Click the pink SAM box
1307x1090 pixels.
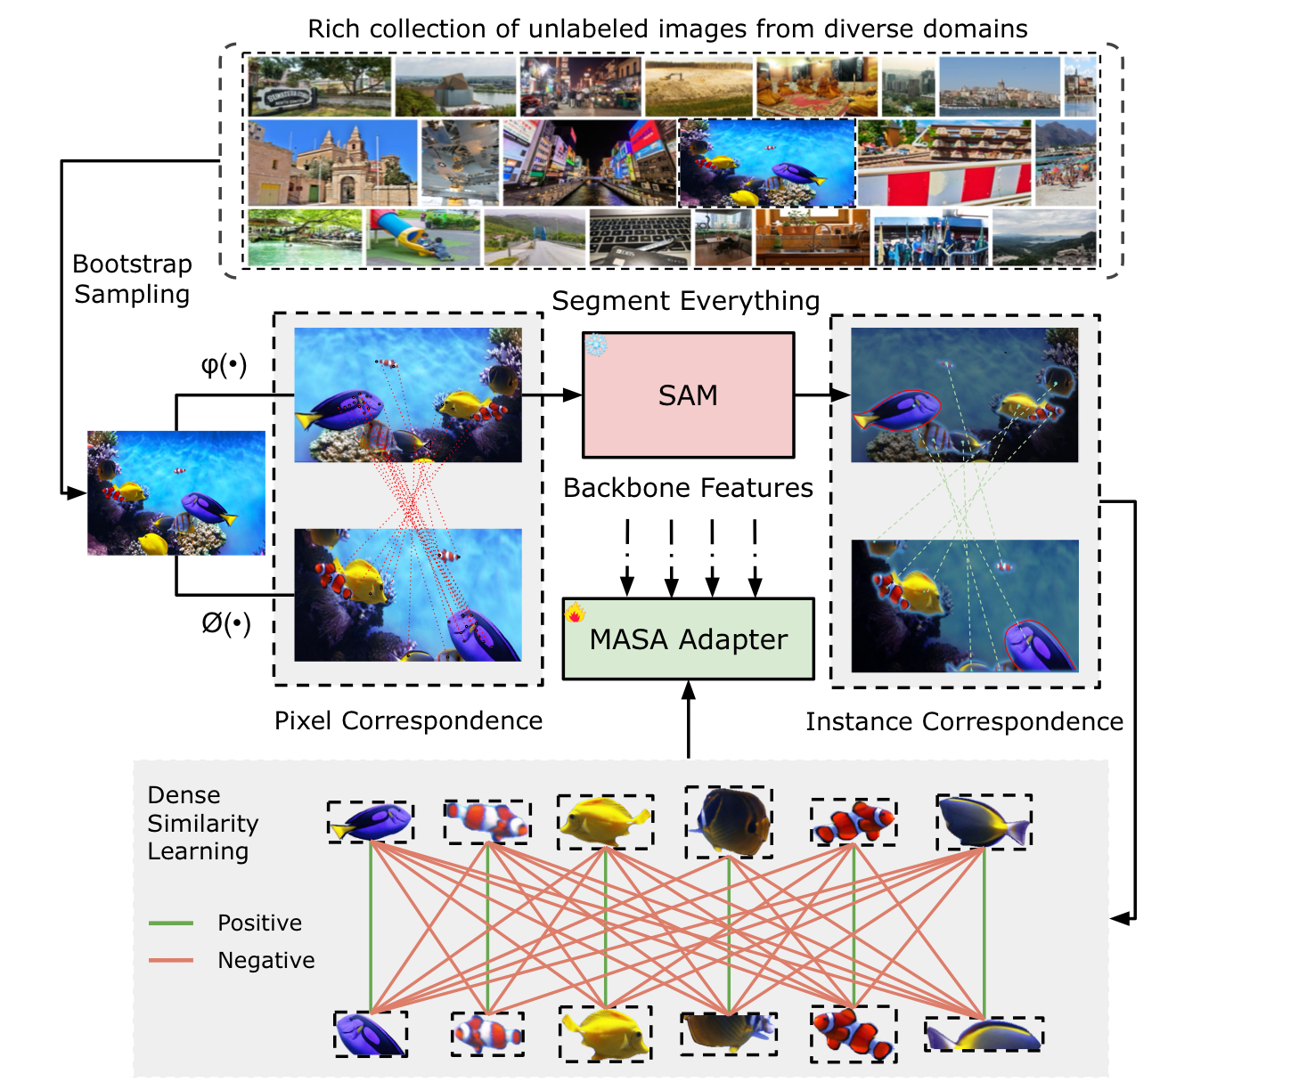click(688, 395)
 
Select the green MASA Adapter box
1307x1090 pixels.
click(688, 639)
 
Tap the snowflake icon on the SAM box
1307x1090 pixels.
click(596, 346)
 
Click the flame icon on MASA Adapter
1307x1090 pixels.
click(576, 613)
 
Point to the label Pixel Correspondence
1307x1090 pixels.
click(408, 720)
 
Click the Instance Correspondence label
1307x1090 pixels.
click(964, 721)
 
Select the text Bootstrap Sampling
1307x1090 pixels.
click(132, 279)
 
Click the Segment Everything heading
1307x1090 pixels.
click(685, 301)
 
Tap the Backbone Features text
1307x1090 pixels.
click(688, 488)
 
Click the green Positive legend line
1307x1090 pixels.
click(171, 923)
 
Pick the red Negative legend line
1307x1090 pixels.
click(171, 960)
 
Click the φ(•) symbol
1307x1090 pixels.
click(224, 364)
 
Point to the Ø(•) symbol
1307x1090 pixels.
click(225, 623)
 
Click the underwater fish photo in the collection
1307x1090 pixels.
click(766, 163)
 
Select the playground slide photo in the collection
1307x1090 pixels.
click(422, 237)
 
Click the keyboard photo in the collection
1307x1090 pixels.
click(639, 238)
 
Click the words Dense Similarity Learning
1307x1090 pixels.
click(202, 823)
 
